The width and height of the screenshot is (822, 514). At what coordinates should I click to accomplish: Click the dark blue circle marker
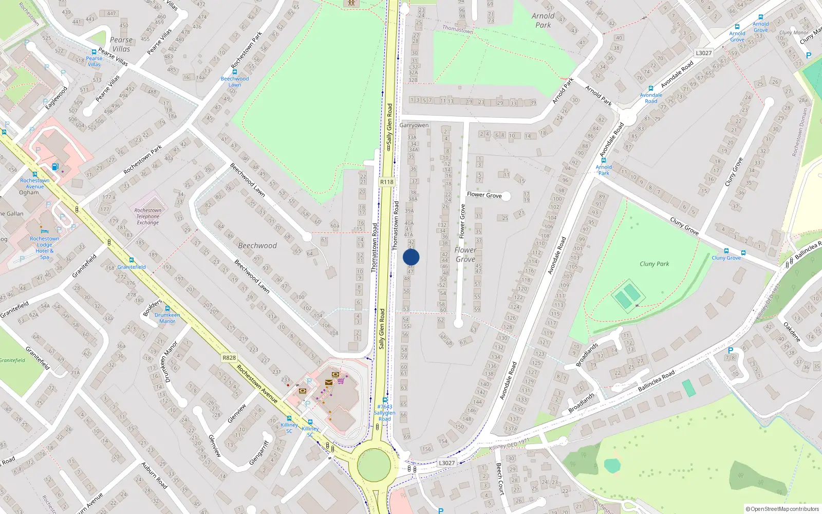pos(411,257)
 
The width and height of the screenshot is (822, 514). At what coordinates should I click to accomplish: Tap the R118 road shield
pos(387,182)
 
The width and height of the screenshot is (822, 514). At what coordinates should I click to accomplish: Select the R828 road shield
pos(229,358)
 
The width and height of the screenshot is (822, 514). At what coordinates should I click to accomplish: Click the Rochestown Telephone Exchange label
pos(148,216)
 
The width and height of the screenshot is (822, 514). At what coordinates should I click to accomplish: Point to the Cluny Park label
pos(654,264)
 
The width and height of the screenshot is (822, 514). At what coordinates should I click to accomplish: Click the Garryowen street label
pos(414,125)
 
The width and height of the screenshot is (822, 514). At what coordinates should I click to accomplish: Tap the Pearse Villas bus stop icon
pos(94,52)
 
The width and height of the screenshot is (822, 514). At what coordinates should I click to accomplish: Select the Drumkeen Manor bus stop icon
pos(167,308)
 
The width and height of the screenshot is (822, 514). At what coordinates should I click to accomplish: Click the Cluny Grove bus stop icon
pos(726,251)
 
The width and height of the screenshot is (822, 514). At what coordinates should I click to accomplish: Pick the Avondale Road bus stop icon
pos(651,88)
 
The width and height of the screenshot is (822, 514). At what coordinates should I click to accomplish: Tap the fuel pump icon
pos(55,167)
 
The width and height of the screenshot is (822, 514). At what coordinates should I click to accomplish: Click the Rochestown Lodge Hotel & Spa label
pos(44,248)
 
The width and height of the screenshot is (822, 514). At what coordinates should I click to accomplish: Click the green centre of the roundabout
pos(374,464)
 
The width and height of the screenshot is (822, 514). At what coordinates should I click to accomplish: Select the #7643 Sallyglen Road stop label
pos(384,413)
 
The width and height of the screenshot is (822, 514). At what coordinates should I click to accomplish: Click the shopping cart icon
pos(341,381)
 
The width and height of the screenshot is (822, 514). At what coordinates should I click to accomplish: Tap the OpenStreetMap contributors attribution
pos(783,509)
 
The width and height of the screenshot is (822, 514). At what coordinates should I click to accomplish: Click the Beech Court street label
pos(499,478)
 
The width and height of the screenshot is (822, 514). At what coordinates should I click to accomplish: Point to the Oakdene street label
pos(792,332)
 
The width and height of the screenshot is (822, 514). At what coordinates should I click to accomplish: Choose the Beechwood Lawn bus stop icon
pos(235,72)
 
